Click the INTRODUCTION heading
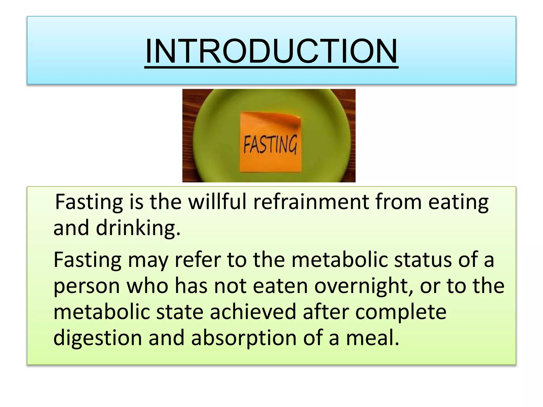271,51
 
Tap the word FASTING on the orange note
270,144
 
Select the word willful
217,202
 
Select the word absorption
244,338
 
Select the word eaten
280,286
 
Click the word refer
198,260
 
